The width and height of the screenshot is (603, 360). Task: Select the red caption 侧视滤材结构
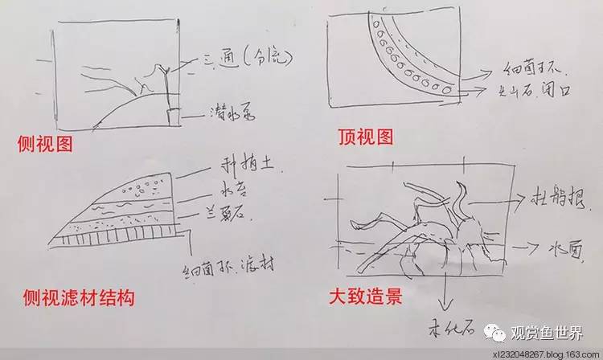[76, 299]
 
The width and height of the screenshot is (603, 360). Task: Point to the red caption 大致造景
[366, 297]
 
